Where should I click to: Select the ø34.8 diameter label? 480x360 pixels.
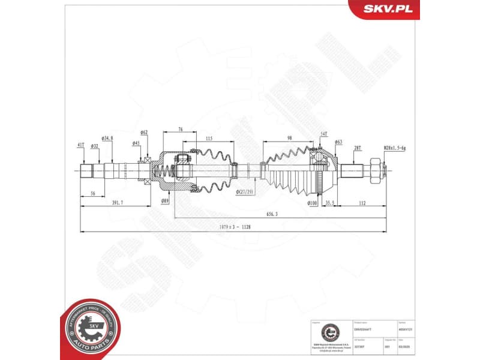click(x=107, y=139)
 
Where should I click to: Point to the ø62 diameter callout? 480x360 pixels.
click(x=144, y=132)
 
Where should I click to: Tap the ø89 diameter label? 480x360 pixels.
click(x=164, y=201)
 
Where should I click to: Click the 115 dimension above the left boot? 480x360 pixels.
click(x=209, y=139)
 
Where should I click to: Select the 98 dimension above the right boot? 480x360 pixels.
click(x=289, y=139)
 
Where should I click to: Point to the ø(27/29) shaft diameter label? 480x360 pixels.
click(x=245, y=191)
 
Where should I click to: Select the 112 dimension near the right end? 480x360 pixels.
click(x=362, y=203)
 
